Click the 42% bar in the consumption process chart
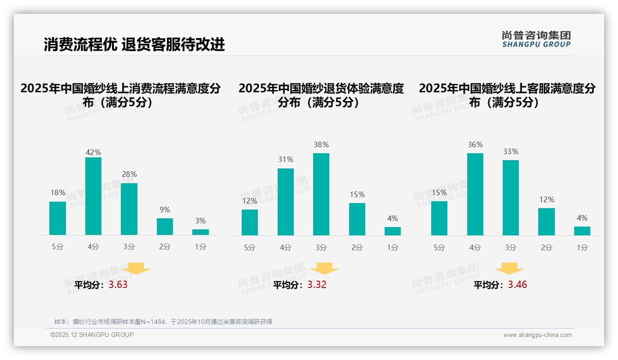pyautogui.click(x=93, y=196)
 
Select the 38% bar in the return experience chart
pyautogui.click(x=321, y=194)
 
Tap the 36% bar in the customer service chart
pyautogui.click(x=475, y=194)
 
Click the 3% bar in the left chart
pyautogui.click(x=201, y=232)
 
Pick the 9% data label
pyautogui.click(x=165, y=210)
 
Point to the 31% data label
pyautogui.click(x=285, y=160)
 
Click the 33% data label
pyautogui.click(x=511, y=151)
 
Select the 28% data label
pyautogui.click(x=129, y=174)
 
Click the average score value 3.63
pyautogui.click(x=118, y=285)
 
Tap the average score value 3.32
pyautogui.click(x=317, y=285)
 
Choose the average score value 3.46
pyautogui.click(x=517, y=285)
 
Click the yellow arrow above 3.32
pyautogui.click(x=324, y=269)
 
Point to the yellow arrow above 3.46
pyautogui.click(x=509, y=269)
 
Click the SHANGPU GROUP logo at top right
pyautogui.click(x=536, y=39)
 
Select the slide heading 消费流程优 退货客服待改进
pyautogui.click(x=134, y=44)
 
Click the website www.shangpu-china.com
pyautogui.click(x=537, y=335)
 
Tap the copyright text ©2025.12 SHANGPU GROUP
pyautogui.click(x=92, y=335)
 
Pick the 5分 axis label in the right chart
pyautogui.click(x=439, y=248)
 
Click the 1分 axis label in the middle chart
pyautogui.click(x=392, y=248)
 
